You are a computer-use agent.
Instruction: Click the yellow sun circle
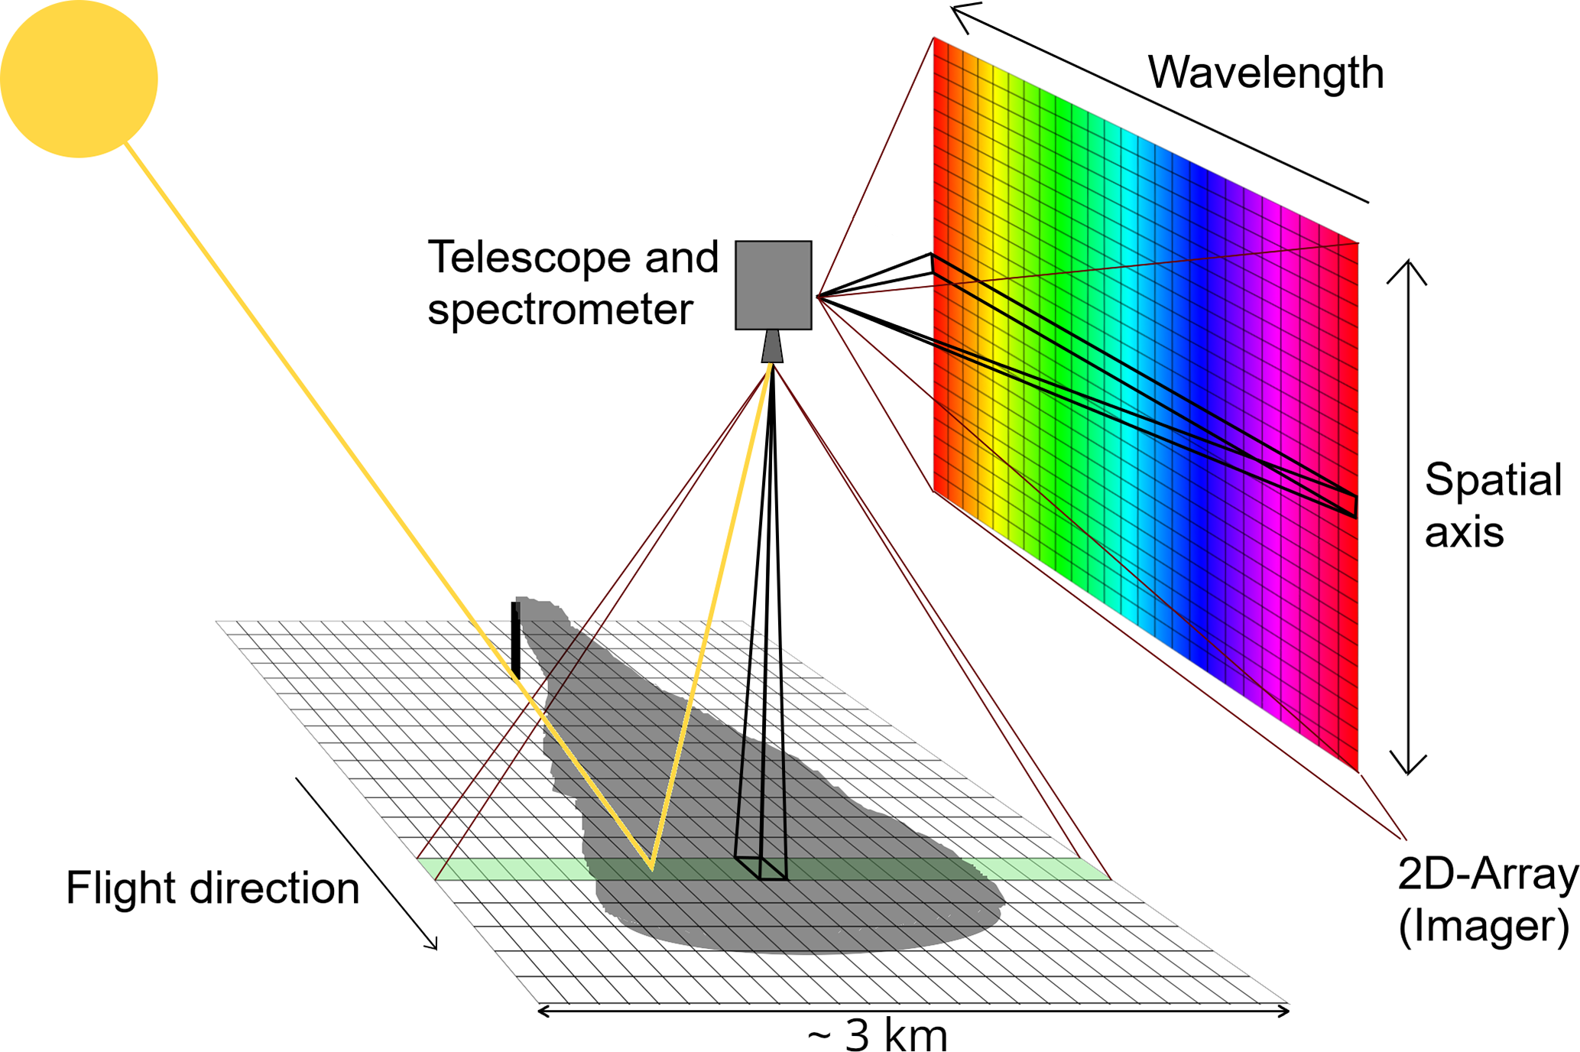pos(79,79)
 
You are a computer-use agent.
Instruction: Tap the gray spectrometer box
pos(773,284)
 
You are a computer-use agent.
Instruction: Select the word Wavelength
pos(1265,73)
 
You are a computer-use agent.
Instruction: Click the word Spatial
pos(1492,480)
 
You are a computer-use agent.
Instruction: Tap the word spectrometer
pos(560,310)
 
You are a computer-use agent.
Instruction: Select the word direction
pos(274,888)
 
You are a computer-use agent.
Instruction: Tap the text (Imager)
pos(1484,926)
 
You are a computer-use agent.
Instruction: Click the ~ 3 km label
pos(878,1035)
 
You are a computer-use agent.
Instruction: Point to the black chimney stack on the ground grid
pos(516,639)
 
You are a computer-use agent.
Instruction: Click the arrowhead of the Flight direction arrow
pos(433,945)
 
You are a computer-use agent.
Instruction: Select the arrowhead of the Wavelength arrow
pos(959,13)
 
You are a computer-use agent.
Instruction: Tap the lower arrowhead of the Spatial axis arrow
pos(1408,768)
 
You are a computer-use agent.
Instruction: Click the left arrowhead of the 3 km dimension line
pos(543,1011)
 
